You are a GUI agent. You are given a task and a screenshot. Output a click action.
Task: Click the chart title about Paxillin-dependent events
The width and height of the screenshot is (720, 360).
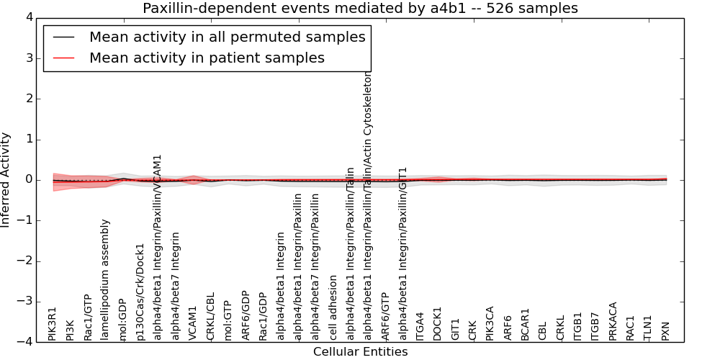point(360,8)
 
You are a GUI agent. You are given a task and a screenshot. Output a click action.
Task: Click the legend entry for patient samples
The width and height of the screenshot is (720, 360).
point(207,58)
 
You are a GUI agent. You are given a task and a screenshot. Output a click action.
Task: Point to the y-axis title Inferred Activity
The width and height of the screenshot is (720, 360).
point(6,179)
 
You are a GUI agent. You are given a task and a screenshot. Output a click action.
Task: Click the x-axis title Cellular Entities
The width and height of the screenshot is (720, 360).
point(360,352)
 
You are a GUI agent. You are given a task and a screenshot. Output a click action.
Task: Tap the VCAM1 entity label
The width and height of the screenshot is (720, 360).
point(193,323)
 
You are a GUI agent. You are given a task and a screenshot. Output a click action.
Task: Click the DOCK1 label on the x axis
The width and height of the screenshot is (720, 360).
point(438,323)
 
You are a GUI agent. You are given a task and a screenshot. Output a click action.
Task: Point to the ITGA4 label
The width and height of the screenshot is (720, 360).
point(420,325)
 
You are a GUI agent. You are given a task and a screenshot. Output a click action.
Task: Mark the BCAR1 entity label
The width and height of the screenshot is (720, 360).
point(526,324)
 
